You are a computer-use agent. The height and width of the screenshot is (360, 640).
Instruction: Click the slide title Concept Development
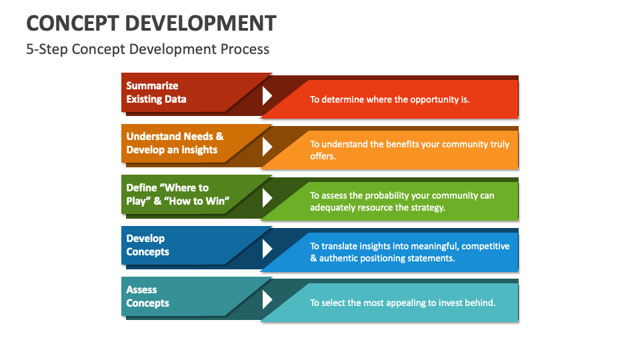coord(151,23)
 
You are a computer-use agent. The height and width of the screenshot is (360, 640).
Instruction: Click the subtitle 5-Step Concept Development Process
coord(147,49)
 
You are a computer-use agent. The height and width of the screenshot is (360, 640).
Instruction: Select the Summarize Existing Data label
coord(156,93)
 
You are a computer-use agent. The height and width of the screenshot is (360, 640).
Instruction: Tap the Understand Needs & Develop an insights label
coord(175,143)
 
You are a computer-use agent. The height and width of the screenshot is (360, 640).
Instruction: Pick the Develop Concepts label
coord(147,245)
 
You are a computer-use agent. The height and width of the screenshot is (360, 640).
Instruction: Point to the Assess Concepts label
coord(147,297)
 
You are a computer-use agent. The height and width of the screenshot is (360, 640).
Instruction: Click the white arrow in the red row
coord(267,95)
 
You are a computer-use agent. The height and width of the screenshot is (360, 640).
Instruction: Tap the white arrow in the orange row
coord(267,147)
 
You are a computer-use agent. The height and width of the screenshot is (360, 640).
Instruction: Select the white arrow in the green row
coord(267,197)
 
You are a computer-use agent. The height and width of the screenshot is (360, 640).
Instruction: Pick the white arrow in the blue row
coord(267,249)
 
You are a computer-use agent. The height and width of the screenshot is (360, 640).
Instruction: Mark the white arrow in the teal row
coord(267,299)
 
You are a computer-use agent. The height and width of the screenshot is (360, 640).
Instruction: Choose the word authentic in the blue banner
coord(340,258)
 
